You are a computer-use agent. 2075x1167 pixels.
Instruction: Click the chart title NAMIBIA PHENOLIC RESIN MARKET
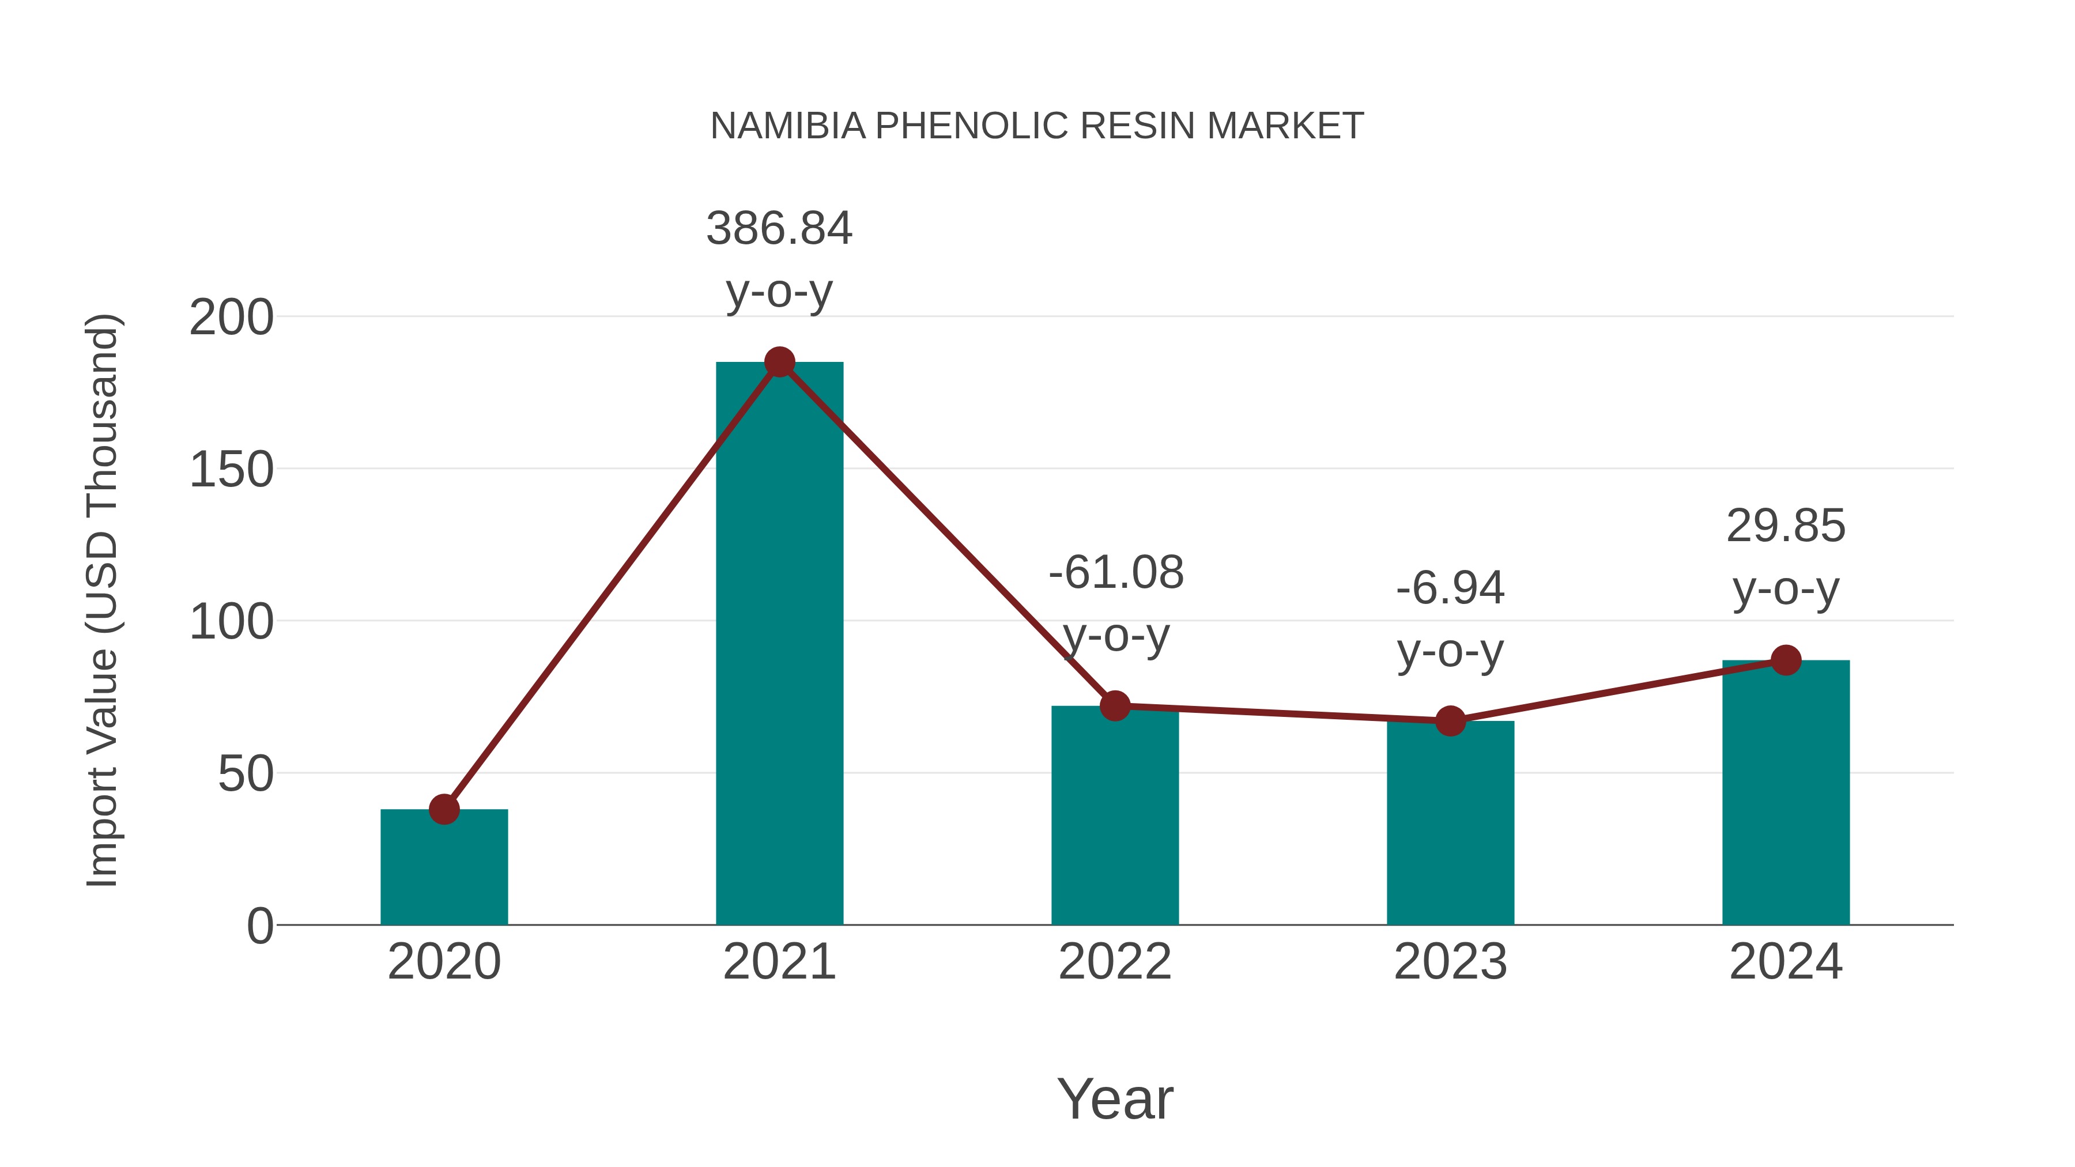1037,126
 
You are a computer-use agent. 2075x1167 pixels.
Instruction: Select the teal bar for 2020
444,870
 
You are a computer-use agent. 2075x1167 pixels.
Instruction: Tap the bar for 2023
1450,825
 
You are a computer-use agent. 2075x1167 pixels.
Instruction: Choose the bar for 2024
1785,794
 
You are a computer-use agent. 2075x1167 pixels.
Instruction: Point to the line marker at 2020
444,810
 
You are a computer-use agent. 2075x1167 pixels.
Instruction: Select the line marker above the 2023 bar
1450,721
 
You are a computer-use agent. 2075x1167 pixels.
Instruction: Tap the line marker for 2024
1786,660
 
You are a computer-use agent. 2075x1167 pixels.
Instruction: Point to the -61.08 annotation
1116,573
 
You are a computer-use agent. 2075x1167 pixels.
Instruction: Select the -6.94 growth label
1450,589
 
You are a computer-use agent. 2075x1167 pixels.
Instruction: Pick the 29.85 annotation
1786,527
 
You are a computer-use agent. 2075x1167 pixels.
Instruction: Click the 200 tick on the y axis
231,318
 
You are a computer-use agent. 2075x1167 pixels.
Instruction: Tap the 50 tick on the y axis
245,775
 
